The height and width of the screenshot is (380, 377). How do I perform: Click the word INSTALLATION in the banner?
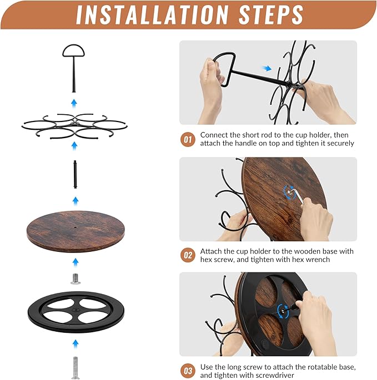click(x=152, y=14)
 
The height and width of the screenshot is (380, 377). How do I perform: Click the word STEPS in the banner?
click(x=271, y=14)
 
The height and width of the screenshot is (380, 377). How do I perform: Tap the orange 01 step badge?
click(x=188, y=140)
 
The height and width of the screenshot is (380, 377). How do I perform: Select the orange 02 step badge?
click(x=188, y=255)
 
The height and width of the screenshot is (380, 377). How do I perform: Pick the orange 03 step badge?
click(x=188, y=371)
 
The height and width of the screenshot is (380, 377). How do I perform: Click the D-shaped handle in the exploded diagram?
click(x=73, y=68)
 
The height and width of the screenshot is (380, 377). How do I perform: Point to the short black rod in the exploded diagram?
click(x=75, y=174)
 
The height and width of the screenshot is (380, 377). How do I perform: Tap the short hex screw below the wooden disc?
click(x=76, y=278)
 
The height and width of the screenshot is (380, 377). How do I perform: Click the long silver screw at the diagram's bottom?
click(x=76, y=368)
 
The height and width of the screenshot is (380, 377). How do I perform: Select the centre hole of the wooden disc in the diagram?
click(x=75, y=227)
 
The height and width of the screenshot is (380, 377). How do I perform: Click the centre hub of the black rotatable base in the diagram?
click(x=76, y=310)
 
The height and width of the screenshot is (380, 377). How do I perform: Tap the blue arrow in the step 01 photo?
click(x=267, y=68)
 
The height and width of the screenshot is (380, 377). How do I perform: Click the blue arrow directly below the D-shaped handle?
click(x=74, y=104)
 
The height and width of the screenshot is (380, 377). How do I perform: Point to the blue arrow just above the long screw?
click(x=76, y=344)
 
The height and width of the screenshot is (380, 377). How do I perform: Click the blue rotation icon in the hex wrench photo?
click(x=290, y=192)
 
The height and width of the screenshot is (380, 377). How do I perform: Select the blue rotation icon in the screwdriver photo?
click(x=283, y=311)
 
